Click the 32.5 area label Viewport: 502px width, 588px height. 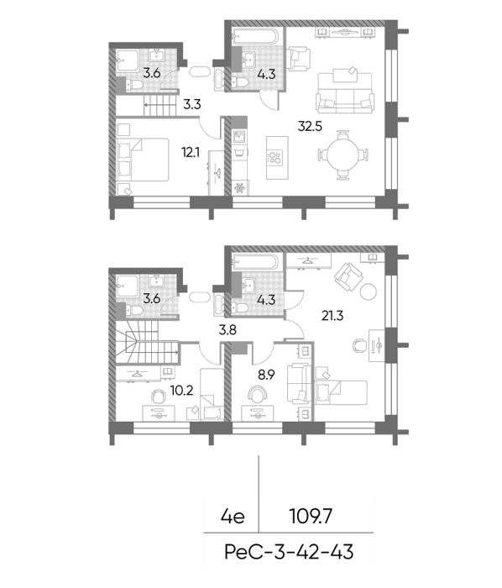(x=310, y=126)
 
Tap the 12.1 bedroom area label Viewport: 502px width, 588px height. (x=191, y=153)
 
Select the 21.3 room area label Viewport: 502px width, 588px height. (x=332, y=316)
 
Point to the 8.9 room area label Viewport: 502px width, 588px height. (x=266, y=375)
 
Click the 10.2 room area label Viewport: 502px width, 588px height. (x=181, y=391)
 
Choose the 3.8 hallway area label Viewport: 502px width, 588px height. (x=227, y=330)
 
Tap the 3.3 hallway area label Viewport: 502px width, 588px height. (x=191, y=104)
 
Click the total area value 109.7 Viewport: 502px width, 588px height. (x=311, y=517)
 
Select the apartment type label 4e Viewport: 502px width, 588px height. (x=233, y=517)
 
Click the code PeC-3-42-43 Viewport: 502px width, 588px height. (x=289, y=552)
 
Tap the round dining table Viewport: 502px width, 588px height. (x=343, y=155)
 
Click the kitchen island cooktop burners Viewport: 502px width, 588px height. (x=275, y=158)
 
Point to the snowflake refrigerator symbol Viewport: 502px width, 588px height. (x=239, y=187)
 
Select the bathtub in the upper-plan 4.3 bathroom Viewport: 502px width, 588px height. (x=255, y=36)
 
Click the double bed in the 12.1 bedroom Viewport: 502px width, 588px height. (x=143, y=160)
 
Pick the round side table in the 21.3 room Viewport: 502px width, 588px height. (x=369, y=291)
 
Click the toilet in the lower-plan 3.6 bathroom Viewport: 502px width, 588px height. (x=134, y=311)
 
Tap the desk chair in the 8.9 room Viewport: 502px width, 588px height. (x=258, y=394)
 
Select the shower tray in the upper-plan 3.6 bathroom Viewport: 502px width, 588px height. (x=128, y=60)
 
